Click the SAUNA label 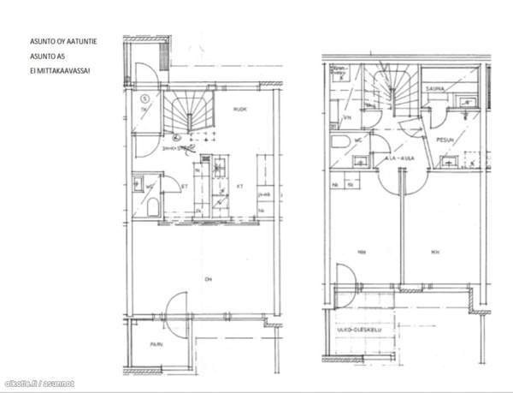(x=438, y=86)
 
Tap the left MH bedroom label (x=362, y=252)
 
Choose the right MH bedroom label (x=435, y=252)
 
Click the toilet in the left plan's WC (x=152, y=206)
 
